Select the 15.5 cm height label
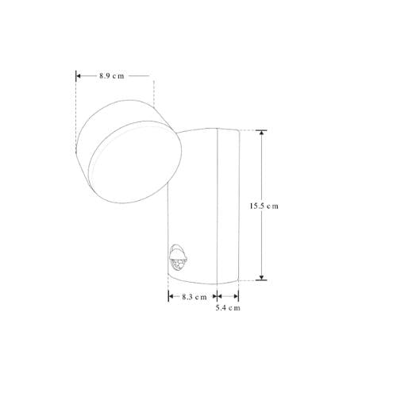(261, 206)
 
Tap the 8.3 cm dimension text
(190, 296)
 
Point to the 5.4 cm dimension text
(228, 307)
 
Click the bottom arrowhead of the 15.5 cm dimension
(262, 277)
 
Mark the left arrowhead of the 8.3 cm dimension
(171, 296)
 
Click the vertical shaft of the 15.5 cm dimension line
(262, 167)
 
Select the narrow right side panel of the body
(227, 206)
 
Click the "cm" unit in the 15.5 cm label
(272, 206)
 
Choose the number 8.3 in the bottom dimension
(185, 296)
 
